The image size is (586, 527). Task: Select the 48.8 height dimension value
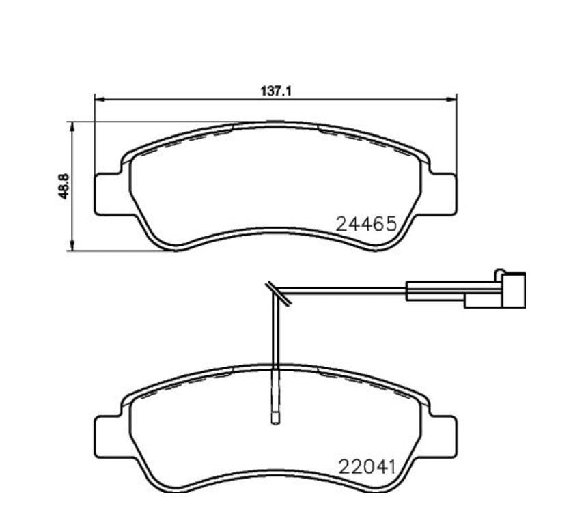point(64,186)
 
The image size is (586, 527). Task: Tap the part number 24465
point(366,224)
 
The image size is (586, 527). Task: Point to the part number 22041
point(367,467)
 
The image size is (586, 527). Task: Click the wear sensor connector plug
point(514,290)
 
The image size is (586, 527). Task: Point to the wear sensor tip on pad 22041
point(275,418)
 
